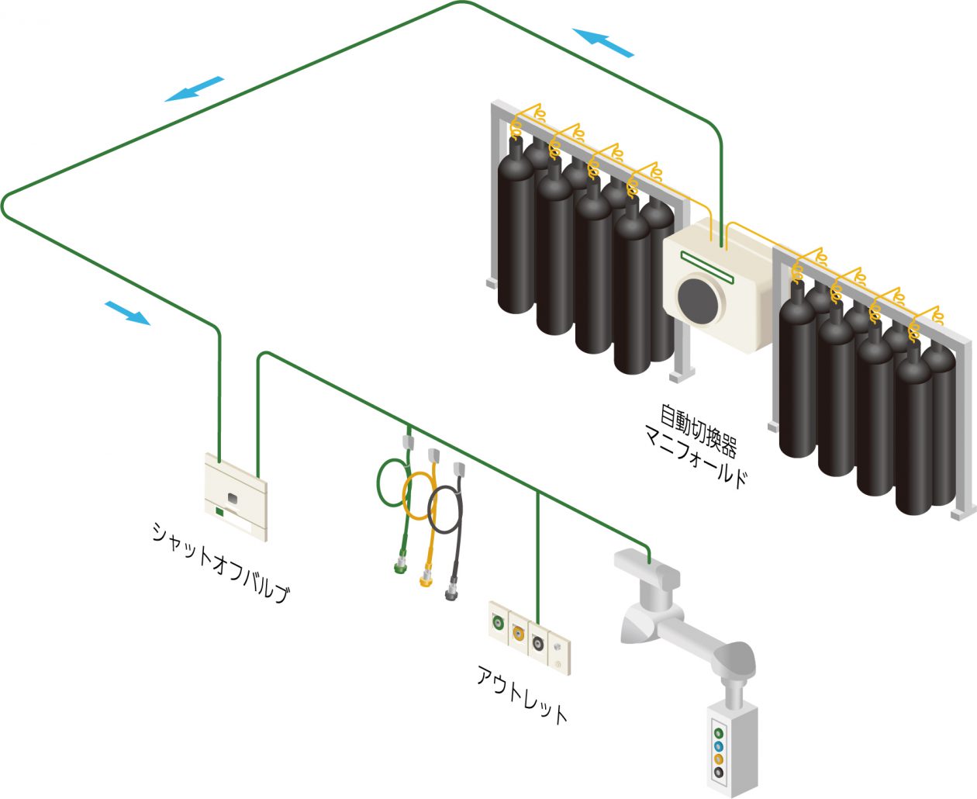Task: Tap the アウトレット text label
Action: coord(522,694)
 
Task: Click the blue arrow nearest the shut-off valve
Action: coord(127,312)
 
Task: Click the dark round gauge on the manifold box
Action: coord(700,299)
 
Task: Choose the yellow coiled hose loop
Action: coord(419,496)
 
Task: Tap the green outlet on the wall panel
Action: coord(498,621)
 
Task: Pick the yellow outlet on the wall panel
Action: coord(517,632)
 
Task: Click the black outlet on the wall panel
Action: coord(537,643)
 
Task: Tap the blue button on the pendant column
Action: coord(719,745)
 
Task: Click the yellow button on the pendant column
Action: coord(719,759)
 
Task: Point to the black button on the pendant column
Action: coord(719,773)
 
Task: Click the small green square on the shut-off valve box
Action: coord(219,511)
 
